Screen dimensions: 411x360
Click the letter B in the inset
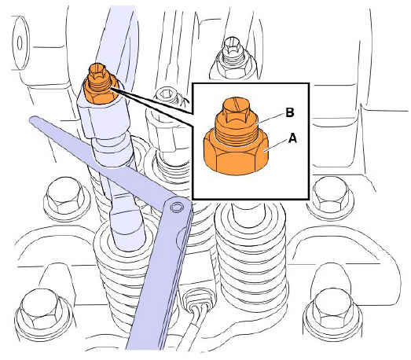290,112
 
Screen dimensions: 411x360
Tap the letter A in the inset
292,138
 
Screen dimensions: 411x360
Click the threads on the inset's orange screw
237,136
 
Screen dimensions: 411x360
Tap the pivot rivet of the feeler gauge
176,207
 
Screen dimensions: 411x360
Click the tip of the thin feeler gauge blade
32,119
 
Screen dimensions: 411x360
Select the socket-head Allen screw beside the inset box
166,95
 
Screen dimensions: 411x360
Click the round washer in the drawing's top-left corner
20,42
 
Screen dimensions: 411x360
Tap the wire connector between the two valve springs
198,299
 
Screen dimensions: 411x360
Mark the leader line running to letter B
270,117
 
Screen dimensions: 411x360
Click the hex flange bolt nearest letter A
331,196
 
